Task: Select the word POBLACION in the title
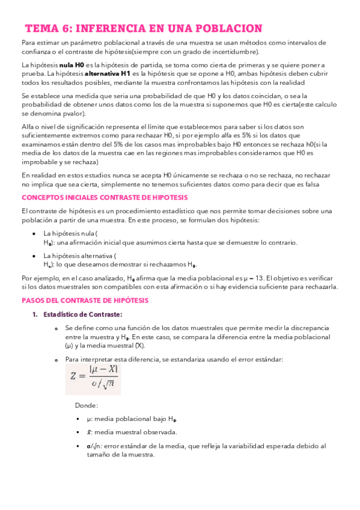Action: [x=230, y=28]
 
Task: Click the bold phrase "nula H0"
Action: [x=72, y=64]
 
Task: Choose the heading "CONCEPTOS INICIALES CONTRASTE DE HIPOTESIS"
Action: [x=105, y=197]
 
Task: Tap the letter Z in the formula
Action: [x=74, y=376]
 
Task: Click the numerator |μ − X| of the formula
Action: [x=103, y=369]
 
